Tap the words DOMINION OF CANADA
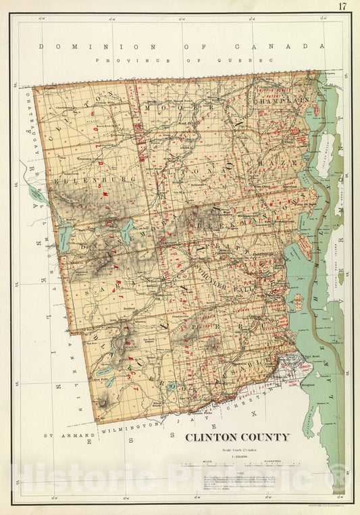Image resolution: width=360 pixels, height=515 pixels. pyautogui.click(x=182, y=47)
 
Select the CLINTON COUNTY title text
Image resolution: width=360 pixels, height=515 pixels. pyautogui.click(x=237, y=437)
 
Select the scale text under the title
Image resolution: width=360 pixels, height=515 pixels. pyautogui.click(x=237, y=451)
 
